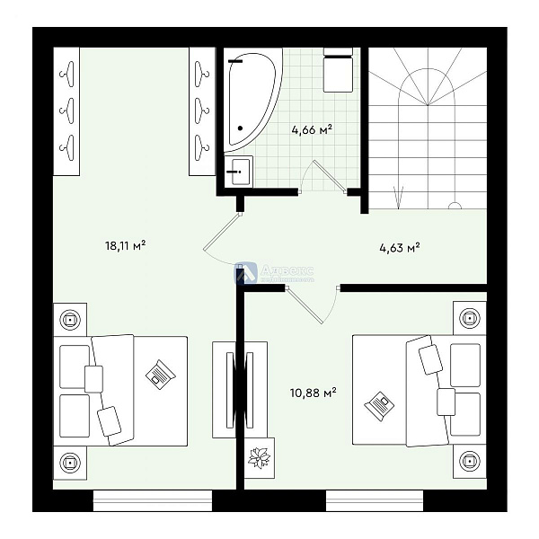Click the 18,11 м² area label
125,243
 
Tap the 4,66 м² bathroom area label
312,129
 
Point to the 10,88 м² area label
313,392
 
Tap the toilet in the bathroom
337,70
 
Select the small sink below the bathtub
239,170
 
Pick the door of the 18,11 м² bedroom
218,241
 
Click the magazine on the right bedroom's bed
379,405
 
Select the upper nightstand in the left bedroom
70,318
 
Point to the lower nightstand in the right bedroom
468,462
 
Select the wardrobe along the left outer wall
66,110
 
